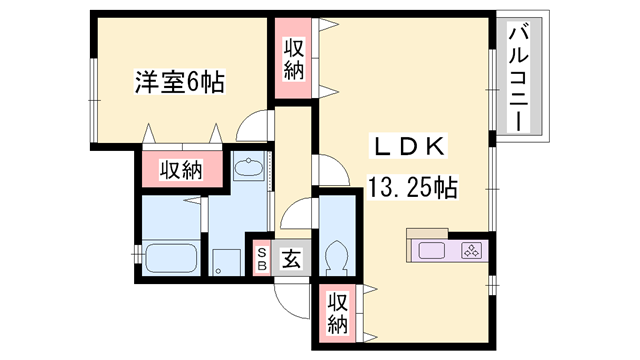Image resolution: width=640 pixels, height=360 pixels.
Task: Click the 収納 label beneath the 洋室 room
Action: point(180,170)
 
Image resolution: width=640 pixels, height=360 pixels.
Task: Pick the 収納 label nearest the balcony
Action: point(293,58)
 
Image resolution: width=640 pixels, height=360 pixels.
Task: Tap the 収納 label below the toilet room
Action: point(339,311)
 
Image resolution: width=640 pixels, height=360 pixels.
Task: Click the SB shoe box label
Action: point(262,259)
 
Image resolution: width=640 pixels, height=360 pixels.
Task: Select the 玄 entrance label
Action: point(290,260)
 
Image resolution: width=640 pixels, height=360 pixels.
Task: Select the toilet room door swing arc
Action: point(296,212)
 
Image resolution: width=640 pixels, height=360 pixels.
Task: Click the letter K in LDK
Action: point(435,147)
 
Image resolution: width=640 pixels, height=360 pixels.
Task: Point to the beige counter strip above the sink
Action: point(445,236)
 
